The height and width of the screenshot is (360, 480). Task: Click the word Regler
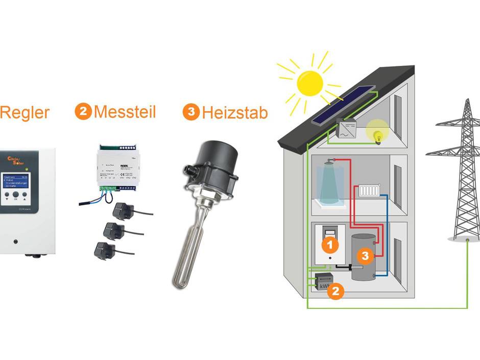tap(25, 112)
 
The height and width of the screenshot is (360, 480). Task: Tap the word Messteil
tap(125, 112)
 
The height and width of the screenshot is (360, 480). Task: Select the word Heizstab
tap(234, 112)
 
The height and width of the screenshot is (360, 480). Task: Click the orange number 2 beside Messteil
tap(83, 111)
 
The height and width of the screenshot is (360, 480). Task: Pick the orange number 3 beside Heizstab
tap(190, 112)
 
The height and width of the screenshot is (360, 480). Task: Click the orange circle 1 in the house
tap(330, 245)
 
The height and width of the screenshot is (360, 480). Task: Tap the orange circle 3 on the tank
tap(364, 256)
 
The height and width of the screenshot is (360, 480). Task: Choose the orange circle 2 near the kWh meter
tap(335, 292)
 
